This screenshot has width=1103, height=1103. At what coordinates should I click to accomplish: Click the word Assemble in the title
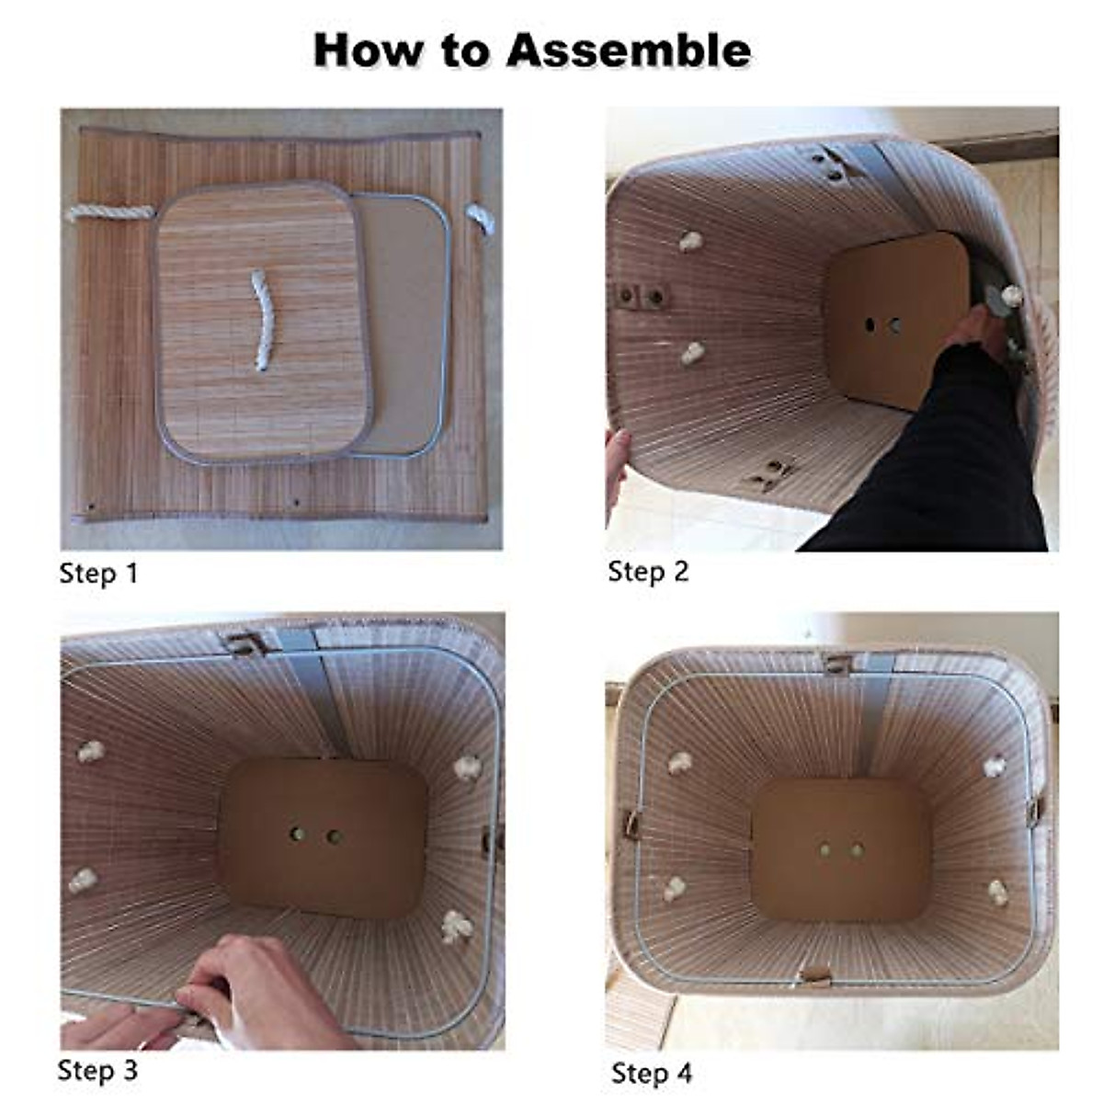click(628, 51)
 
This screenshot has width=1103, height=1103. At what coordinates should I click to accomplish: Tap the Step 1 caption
click(98, 574)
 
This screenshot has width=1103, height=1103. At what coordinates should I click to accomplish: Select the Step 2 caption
click(648, 572)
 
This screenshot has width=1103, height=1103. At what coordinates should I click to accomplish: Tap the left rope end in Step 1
click(111, 213)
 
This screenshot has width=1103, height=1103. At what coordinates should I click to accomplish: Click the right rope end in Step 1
click(481, 219)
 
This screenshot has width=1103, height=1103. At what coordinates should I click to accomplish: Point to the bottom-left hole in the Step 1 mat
click(91, 507)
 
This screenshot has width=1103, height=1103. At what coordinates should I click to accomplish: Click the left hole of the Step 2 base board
click(870, 325)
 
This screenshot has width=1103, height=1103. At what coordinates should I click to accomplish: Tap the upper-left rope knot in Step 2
click(691, 242)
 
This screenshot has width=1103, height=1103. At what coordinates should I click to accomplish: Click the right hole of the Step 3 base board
click(333, 836)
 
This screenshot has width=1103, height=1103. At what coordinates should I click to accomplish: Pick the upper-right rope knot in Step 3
click(468, 767)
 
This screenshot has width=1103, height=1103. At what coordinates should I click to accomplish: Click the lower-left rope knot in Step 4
click(676, 889)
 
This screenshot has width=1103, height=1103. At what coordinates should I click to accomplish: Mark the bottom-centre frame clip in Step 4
click(815, 974)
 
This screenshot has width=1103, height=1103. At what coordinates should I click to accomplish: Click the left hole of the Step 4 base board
click(825, 850)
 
